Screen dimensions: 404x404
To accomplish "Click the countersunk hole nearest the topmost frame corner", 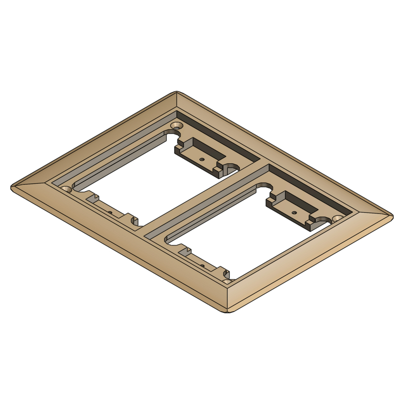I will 177,126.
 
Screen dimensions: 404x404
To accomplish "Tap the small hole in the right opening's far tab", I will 294,212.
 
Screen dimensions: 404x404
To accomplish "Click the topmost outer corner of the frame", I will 177,93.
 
